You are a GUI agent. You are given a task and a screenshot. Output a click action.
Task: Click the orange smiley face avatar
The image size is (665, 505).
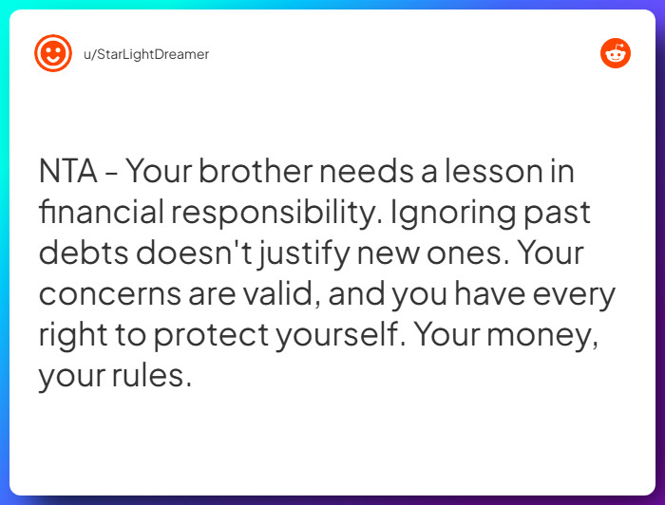(53, 53)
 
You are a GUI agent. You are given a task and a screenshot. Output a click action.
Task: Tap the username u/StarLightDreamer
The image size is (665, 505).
(146, 54)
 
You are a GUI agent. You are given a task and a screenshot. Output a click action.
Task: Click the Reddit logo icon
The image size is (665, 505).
(616, 53)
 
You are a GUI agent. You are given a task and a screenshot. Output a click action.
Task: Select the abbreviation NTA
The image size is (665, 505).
(67, 173)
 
